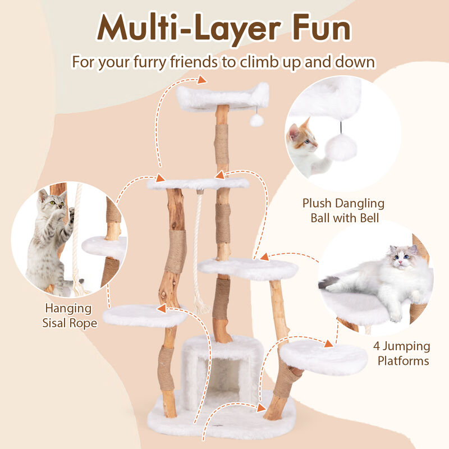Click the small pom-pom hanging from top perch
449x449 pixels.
[x=257, y=121]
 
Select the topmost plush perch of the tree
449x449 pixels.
[x=222, y=97]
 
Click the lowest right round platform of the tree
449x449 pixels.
[x=323, y=356]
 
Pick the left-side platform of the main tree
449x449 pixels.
[x=144, y=315]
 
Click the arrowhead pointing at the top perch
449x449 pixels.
[x=201, y=79]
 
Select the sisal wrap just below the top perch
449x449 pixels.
[x=222, y=143]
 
